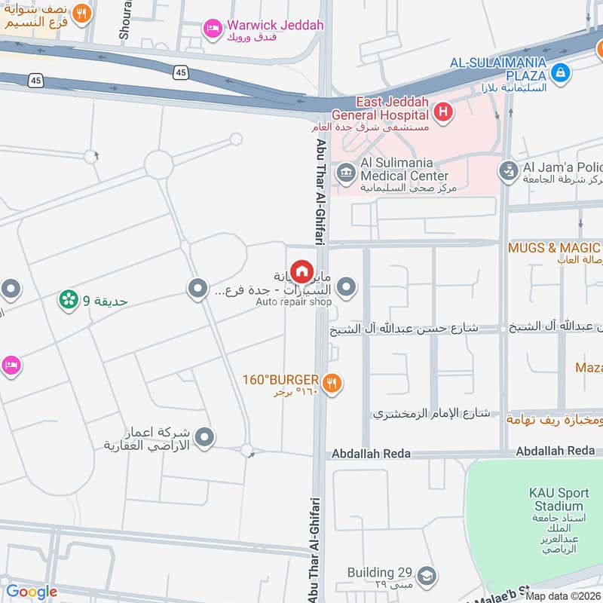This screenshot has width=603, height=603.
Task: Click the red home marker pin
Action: (x=301, y=271)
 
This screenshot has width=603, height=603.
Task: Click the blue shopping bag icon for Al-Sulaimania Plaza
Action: (x=560, y=73)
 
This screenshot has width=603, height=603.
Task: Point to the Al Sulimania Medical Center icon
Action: (x=346, y=173)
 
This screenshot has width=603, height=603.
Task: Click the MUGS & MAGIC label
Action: (x=554, y=247)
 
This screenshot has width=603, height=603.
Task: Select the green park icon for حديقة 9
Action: (x=69, y=300)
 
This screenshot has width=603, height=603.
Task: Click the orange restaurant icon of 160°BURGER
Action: (x=332, y=384)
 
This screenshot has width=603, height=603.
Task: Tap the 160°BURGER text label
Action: (x=280, y=379)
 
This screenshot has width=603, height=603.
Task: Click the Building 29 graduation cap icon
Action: (x=426, y=576)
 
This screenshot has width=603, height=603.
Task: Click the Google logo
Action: (x=32, y=592)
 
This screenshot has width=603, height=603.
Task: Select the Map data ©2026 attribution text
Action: (x=562, y=596)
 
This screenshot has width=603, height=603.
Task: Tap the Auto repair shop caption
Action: (x=293, y=302)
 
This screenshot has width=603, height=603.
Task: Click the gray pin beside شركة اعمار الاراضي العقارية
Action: (x=203, y=436)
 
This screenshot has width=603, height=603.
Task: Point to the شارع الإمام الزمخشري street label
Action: (x=432, y=414)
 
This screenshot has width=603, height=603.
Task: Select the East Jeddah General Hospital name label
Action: (x=381, y=109)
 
